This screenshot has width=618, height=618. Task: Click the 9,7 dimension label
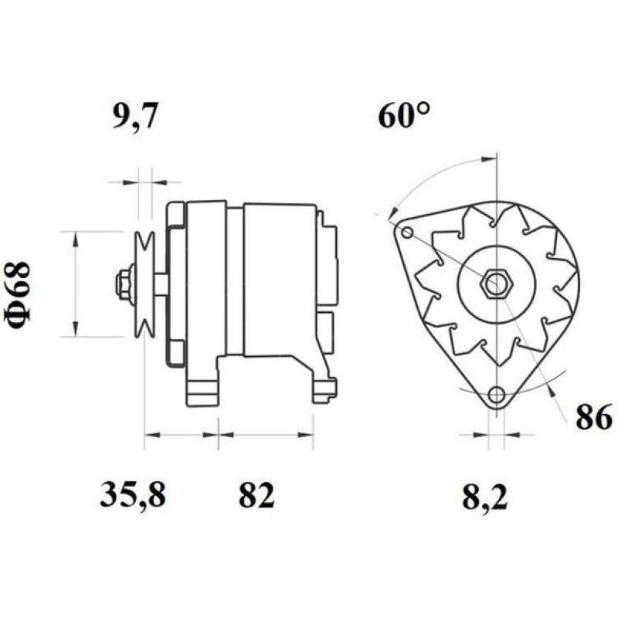pos(137,118)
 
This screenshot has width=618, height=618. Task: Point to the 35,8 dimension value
pos(133,496)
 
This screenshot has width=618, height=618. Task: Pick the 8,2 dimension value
pos(486,496)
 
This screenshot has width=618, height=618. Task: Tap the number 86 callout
pos(593,417)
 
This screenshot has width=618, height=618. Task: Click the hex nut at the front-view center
pos(494,284)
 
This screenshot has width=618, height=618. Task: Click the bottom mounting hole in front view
pos(497,393)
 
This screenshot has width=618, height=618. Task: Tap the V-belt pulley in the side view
pos(144,284)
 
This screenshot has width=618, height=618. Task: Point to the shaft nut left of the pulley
pos(124,284)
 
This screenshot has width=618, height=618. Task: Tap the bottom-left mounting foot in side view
pos(203,390)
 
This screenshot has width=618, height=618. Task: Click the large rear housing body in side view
pos(278,278)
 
